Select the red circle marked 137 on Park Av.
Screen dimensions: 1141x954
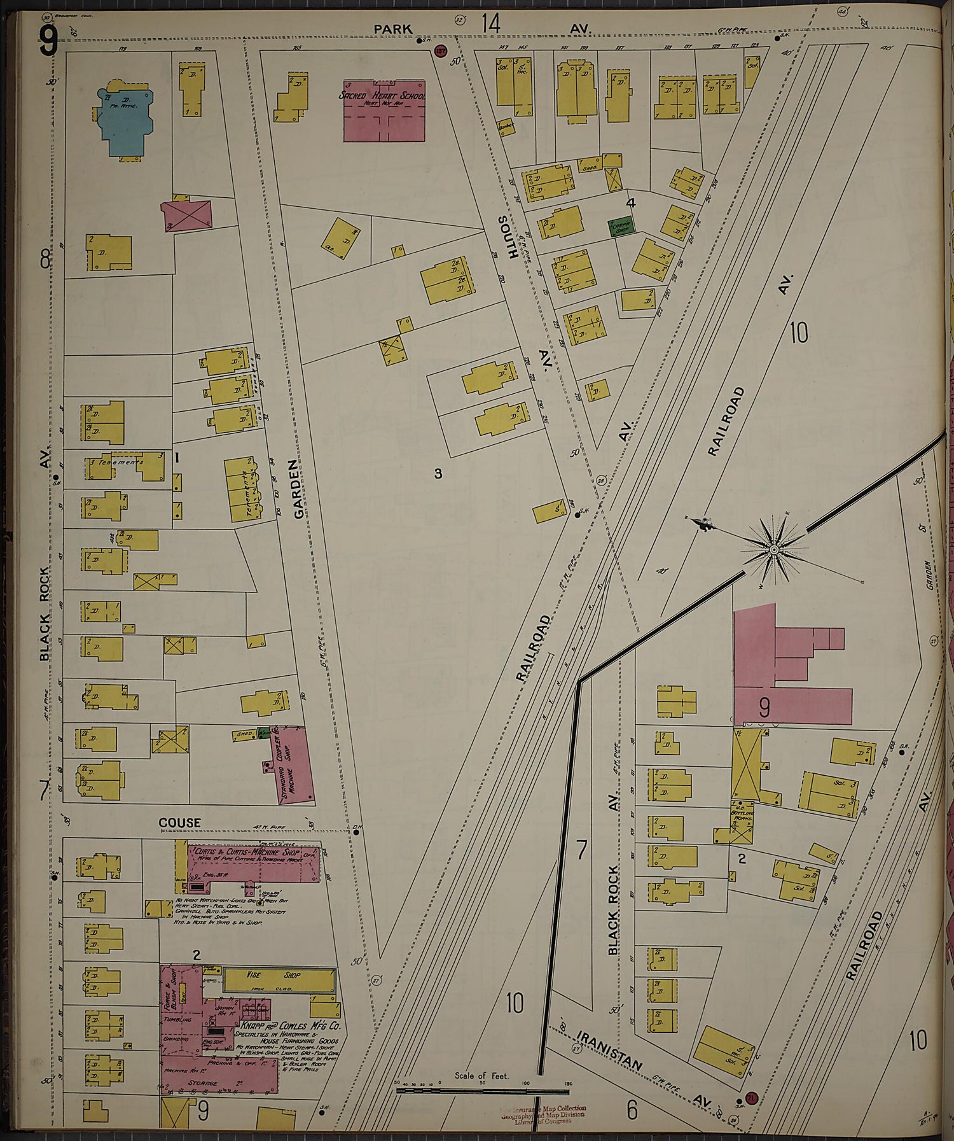(x=439, y=50)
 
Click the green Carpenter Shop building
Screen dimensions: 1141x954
(x=620, y=227)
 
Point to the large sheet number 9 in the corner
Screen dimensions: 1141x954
(x=48, y=41)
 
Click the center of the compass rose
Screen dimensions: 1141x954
(x=774, y=549)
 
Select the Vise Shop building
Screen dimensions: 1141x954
(x=279, y=981)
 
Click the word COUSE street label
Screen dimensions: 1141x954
(x=179, y=823)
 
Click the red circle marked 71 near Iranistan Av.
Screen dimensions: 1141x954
(x=751, y=1098)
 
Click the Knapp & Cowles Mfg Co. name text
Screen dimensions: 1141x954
(x=290, y=1026)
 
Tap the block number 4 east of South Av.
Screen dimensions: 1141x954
(x=631, y=203)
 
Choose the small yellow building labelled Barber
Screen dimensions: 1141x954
(x=506, y=127)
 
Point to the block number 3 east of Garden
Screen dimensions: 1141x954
(x=438, y=473)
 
